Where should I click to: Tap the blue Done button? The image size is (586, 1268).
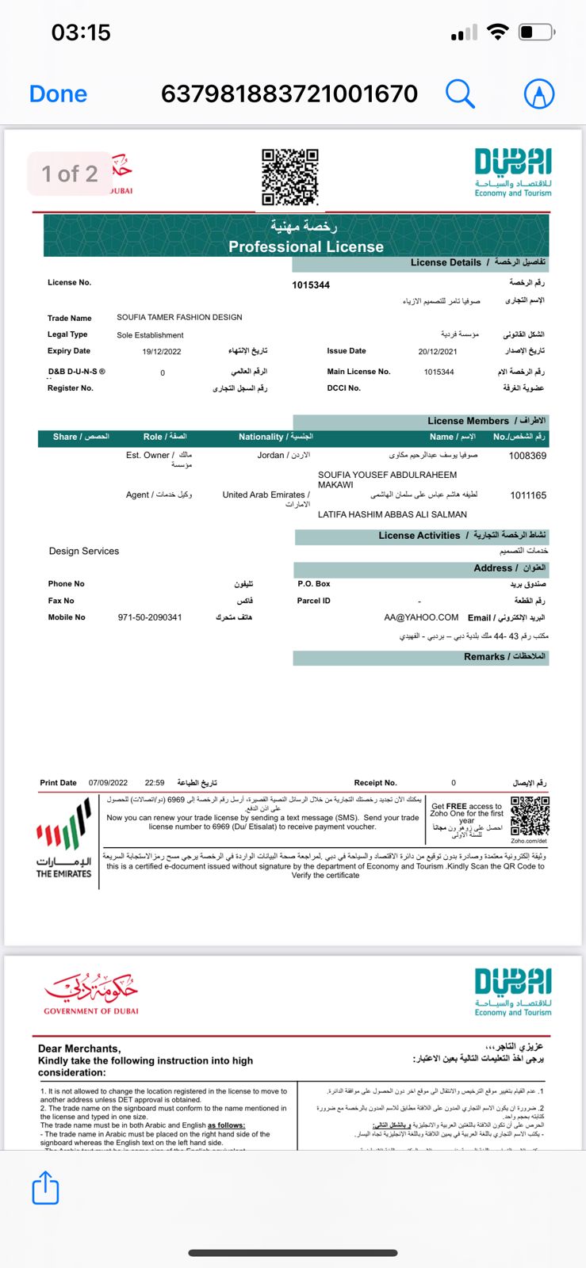[58, 94]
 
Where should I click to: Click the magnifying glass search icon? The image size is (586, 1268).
[460, 94]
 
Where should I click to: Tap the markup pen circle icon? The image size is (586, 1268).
[539, 94]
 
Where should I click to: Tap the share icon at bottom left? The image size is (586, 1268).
[46, 1189]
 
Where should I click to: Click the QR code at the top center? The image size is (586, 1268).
[290, 176]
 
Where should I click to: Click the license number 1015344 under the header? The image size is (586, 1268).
[311, 285]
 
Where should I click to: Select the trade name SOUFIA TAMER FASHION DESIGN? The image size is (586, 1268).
[179, 317]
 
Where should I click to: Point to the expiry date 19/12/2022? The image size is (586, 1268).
[162, 351]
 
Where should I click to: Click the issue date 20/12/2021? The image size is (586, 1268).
[438, 351]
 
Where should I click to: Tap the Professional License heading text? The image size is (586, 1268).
[306, 246]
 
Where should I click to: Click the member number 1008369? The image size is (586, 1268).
[527, 456]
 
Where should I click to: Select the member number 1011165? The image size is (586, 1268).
[527, 495]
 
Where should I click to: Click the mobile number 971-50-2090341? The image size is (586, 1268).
[150, 617]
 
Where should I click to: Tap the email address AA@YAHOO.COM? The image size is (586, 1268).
[421, 617]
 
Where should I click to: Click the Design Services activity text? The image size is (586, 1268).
[84, 551]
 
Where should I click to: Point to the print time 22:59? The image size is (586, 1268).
[155, 783]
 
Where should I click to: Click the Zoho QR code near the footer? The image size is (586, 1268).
[530, 816]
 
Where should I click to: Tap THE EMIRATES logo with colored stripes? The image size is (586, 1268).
[63, 840]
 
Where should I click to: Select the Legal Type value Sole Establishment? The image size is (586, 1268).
[150, 335]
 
